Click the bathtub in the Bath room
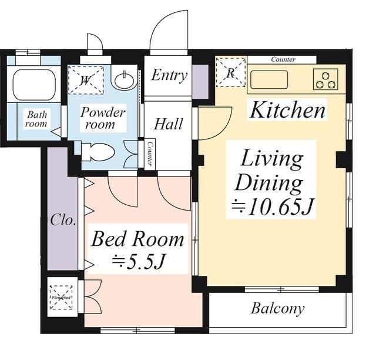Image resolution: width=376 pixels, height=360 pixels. click(x=34, y=85)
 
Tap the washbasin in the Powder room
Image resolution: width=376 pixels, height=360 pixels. click(x=124, y=80)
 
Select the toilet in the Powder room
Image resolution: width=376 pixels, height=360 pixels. click(x=98, y=152)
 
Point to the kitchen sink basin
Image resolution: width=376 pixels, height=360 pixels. click(x=269, y=79)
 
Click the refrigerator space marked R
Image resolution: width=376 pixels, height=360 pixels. click(x=231, y=72)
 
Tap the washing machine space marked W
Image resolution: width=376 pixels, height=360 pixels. click(x=86, y=80)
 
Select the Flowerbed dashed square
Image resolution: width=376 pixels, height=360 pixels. click(x=61, y=298)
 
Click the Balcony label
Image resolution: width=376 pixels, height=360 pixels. click(x=278, y=309)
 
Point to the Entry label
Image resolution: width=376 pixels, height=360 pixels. click(x=169, y=75)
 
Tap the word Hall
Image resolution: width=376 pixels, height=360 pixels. click(x=168, y=124)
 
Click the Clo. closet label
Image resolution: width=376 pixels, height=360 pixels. click(x=63, y=220)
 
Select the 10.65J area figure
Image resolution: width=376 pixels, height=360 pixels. click(x=272, y=206)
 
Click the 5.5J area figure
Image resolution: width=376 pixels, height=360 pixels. click(x=139, y=262)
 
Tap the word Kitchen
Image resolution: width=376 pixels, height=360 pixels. click(x=287, y=110)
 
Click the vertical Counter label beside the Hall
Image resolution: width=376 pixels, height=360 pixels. click(x=150, y=153)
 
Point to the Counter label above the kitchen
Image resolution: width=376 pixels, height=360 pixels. click(x=283, y=59)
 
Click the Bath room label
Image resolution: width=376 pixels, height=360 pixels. click(x=36, y=119)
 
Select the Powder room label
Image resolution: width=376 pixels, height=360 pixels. click(x=103, y=118)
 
